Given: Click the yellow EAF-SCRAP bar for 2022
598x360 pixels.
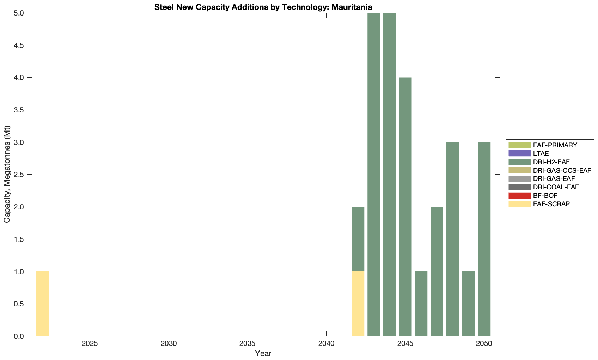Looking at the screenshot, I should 42,304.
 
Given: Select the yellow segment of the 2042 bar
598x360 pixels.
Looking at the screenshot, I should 358,304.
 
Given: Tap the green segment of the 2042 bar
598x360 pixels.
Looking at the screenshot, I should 358,239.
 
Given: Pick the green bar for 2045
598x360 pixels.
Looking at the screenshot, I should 405,207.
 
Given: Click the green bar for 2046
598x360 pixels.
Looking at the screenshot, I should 421,304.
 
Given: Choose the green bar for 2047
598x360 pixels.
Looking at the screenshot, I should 437,271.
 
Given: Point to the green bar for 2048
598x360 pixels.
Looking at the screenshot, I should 452,239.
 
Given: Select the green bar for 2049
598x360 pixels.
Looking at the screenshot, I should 468,304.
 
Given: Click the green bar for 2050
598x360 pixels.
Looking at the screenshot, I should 484,239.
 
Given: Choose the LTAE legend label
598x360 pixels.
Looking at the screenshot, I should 541,153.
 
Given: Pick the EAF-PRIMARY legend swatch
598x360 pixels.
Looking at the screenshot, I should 519,145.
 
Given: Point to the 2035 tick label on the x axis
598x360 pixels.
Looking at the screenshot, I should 248,344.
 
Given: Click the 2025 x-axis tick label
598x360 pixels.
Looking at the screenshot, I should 90,344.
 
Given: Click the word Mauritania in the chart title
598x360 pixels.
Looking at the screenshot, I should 352,7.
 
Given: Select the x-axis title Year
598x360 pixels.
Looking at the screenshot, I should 263,353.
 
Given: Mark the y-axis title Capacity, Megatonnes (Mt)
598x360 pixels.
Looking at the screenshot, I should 7,174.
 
